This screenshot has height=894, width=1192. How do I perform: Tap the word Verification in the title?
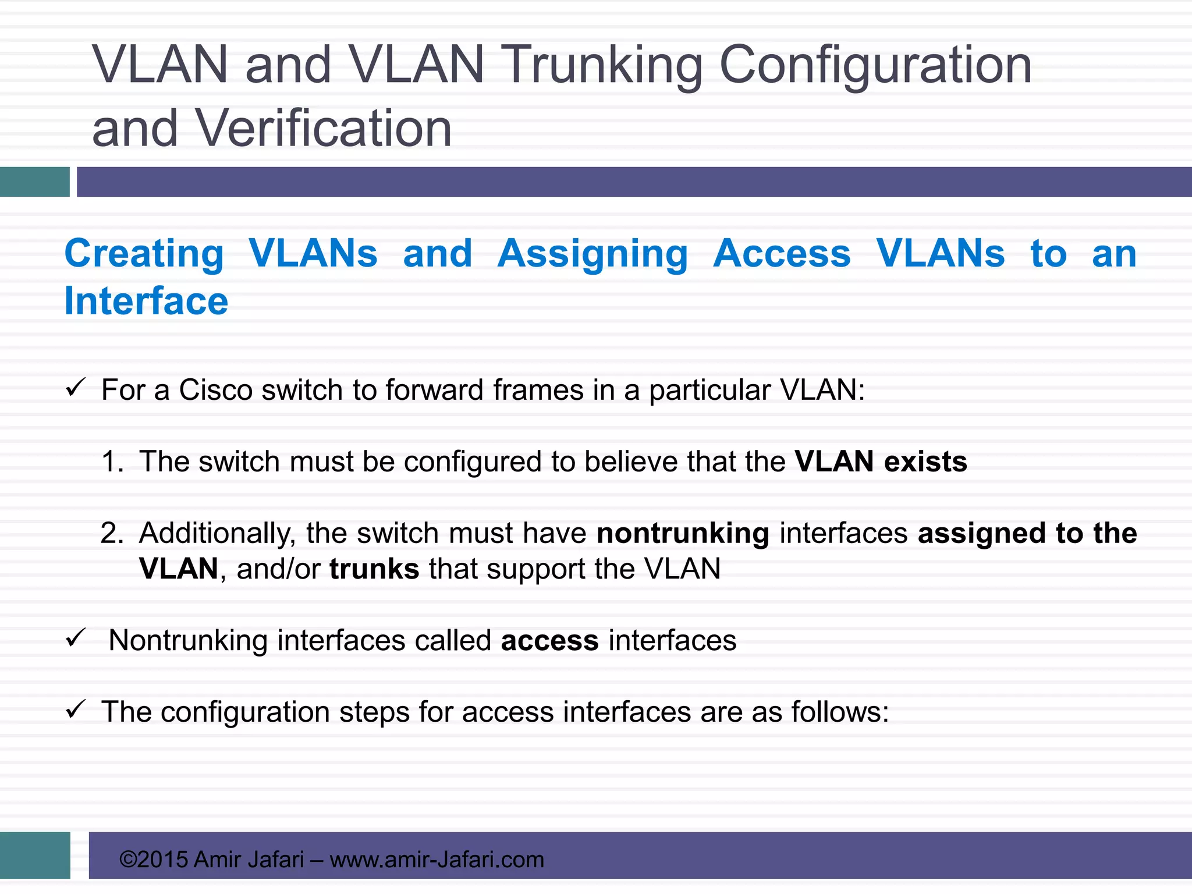point(323,129)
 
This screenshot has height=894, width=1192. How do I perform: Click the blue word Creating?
point(144,254)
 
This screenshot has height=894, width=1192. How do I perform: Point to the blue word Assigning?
point(593,254)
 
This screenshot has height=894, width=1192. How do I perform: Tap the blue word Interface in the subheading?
point(146,301)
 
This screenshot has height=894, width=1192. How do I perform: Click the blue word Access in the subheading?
point(782,254)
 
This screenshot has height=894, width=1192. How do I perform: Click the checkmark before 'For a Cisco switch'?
point(76,388)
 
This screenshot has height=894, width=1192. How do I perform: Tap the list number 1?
point(112,462)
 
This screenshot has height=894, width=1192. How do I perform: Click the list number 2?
point(112,533)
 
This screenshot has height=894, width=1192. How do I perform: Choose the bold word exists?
point(925,462)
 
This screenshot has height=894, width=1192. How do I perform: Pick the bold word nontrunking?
point(683,533)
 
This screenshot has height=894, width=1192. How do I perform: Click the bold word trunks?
point(374,569)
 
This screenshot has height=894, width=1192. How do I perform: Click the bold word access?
point(549,641)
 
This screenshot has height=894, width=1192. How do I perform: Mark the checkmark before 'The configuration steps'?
point(76,709)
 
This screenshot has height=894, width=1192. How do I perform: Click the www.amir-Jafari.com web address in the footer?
point(437,860)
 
